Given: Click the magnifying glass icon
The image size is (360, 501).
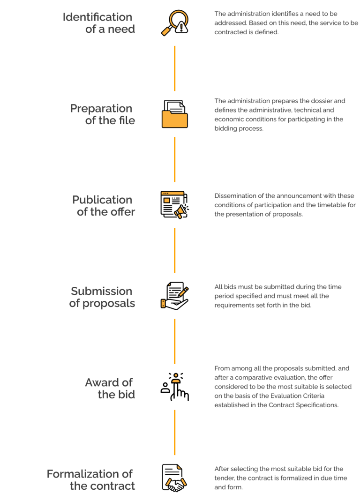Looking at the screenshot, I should point(172,21).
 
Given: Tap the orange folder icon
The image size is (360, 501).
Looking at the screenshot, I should point(174,114).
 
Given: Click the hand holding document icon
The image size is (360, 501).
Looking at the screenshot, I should point(174,296).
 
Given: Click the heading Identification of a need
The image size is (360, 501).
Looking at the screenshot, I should point(98,23).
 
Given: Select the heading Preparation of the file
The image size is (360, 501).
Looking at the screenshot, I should point(102,114).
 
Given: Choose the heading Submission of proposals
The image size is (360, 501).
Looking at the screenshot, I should point(102,297).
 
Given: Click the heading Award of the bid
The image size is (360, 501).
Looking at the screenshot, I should point(110,388).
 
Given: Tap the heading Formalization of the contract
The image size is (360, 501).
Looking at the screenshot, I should point(90,479).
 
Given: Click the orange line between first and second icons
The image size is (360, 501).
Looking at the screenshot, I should point(174,68).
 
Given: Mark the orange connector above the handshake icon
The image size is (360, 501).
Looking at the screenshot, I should point(174,433).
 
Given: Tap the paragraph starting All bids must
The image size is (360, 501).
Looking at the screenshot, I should point(278,296).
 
